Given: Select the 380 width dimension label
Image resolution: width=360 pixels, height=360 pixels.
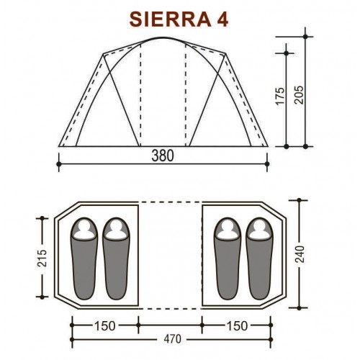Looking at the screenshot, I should [162, 155].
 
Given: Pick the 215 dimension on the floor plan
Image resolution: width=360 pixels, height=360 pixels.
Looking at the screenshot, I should [41, 258].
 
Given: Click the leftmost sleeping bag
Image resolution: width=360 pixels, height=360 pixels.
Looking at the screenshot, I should [85, 259].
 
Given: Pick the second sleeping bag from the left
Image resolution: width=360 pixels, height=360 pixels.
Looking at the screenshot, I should [116, 259].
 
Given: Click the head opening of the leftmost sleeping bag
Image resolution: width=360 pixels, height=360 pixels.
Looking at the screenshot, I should [85, 230].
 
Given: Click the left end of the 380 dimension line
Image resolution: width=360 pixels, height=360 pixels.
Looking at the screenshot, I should [58, 163].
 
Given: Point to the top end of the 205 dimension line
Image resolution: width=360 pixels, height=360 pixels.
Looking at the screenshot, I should [307, 34].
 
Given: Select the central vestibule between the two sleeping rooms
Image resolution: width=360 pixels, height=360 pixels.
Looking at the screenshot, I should [171, 256].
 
